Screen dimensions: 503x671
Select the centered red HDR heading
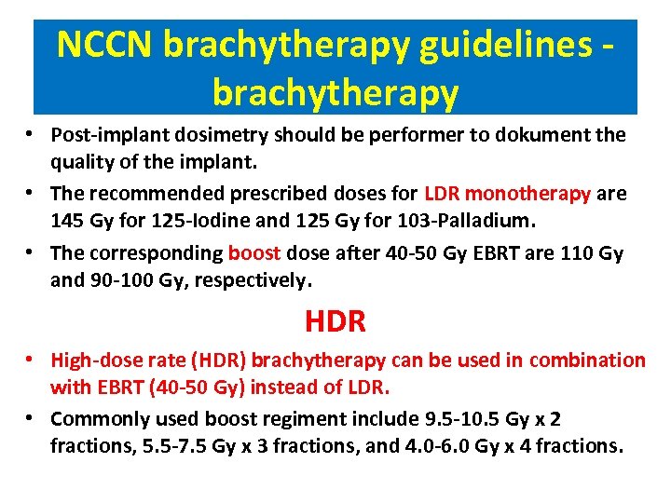pos(335,322)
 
